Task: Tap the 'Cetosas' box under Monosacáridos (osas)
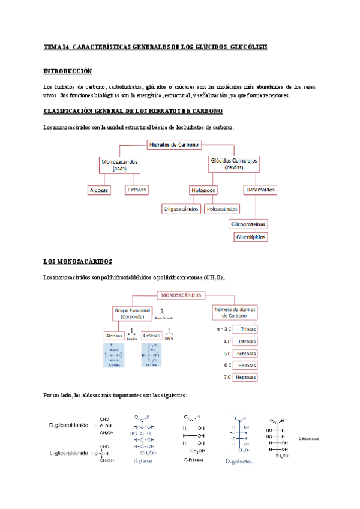click(x=136, y=190)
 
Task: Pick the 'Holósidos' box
click(x=203, y=190)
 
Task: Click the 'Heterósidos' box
click(x=260, y=190)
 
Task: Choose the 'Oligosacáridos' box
click(x=181, y=209)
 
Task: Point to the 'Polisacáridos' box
click(x=221, y=209)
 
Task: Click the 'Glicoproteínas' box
click(x=249, y=224)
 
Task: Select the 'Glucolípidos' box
click(x=251, y=237)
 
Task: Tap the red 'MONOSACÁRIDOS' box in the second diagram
click(x=181, y=295)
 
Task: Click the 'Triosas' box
click(x=248, y=330)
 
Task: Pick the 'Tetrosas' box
click(x=248, y=342)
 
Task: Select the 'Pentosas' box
click(x=248, y=354)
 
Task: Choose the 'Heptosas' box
click(x=248, y=377)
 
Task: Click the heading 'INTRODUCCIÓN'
click(x=68, y=71)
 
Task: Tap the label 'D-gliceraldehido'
click(x=69, y=425)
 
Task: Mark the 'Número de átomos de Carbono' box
click(x=237, y=312)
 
